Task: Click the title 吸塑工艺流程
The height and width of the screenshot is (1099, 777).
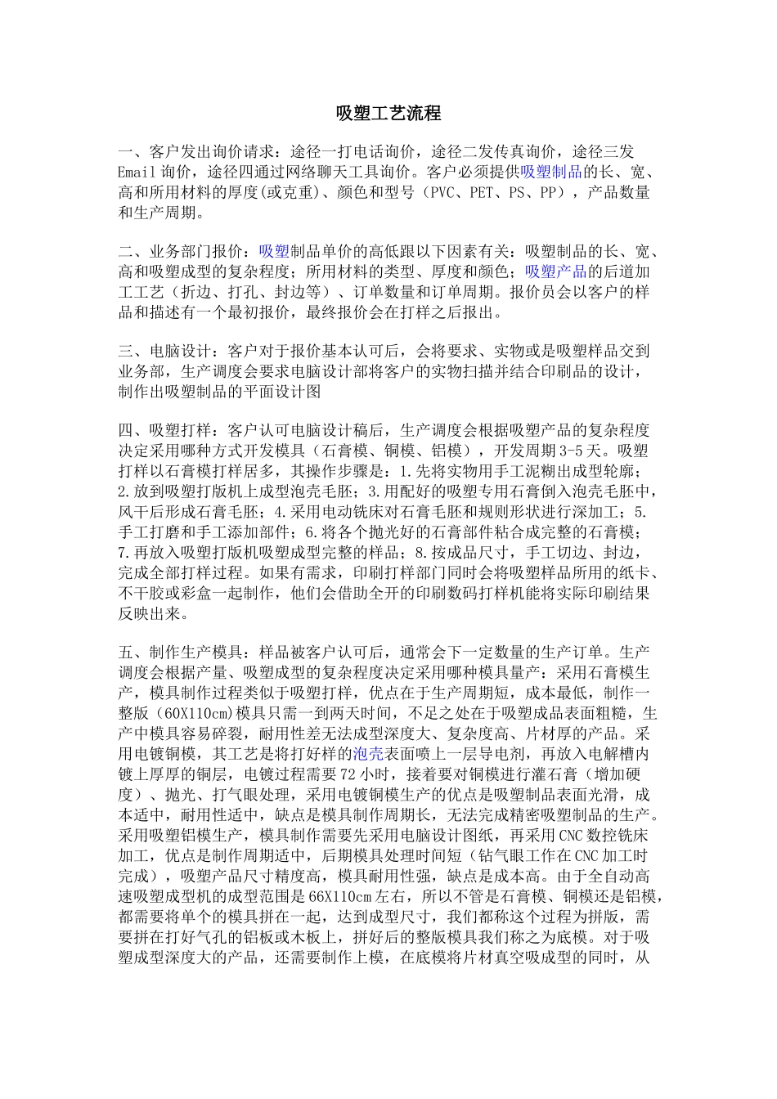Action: click(x=388, y=114)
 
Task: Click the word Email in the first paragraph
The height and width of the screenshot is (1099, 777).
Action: click(x=137, y=173)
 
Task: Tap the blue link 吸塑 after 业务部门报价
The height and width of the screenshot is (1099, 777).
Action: click(x=274, y=251)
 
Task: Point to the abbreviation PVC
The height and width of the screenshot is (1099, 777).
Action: click(x=442, y=193)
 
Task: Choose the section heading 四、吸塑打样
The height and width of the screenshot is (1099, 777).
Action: click(x=167, y=431)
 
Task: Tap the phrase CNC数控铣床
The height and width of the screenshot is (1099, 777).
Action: click(x=603, y=835)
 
